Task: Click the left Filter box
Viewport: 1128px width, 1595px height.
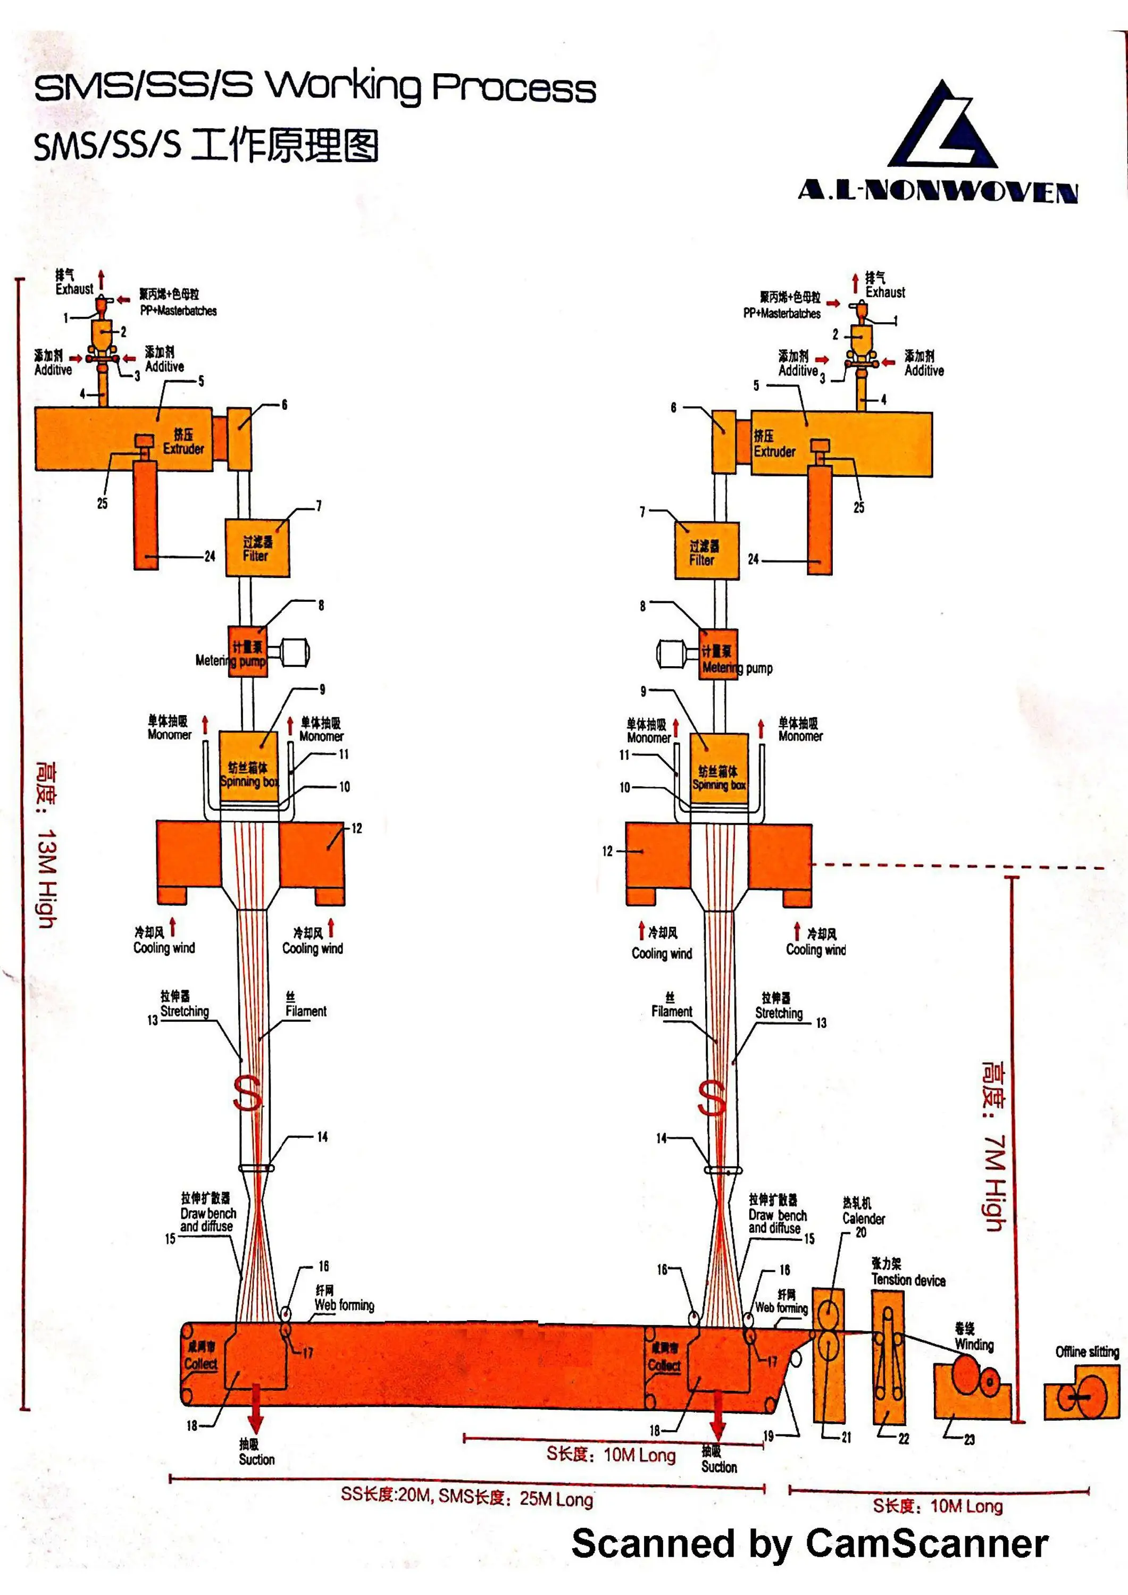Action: click(x=257, y=548)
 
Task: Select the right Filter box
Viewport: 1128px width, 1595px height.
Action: click(x=706, y=551)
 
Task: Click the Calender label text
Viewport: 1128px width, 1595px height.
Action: click(x=863, y=1219)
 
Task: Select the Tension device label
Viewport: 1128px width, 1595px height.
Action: click(x=908, y=1280)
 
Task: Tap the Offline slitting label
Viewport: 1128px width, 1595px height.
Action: click(x=1087, y=1351)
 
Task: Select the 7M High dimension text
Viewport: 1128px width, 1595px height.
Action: click(x=994, y=1146)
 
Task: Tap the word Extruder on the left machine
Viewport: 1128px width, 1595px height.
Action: click(x=183, y=449)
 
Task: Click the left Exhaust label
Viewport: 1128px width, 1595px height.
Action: click(x=74, y=288)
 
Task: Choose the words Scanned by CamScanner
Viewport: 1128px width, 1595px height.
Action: click(x=809, y=1543)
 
